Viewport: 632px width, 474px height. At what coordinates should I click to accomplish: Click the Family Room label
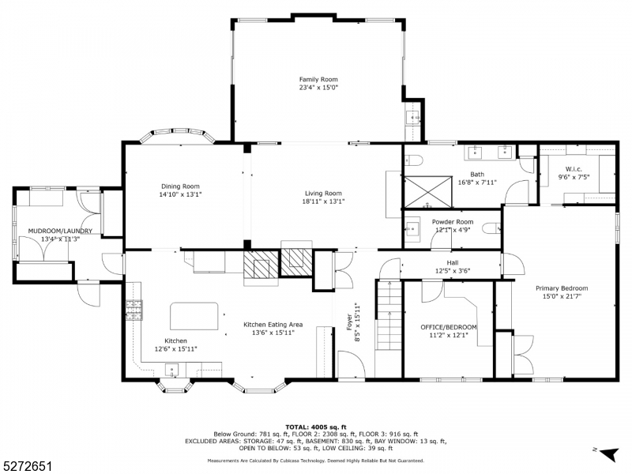coord(318,80)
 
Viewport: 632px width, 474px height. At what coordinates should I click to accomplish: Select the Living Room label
coord(323,193)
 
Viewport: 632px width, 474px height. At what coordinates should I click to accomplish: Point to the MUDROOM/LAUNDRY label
coord(60,231)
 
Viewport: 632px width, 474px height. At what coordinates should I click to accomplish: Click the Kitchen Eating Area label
coord(273,325)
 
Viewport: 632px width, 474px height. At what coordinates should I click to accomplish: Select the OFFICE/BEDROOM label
coord(448,326)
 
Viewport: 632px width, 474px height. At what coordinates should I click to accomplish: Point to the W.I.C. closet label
coord(574,170)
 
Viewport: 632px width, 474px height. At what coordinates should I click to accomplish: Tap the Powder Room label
coord(452,222)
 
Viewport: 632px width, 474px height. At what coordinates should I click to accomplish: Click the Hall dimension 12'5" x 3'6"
coord(452,271)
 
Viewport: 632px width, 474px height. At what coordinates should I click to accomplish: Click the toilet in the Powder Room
coord(490,228)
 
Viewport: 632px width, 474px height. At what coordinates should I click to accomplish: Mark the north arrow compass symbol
coord(606,453)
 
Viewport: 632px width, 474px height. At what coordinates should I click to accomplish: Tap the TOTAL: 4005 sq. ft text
coord(315,427)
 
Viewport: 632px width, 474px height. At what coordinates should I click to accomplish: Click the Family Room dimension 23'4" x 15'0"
coord(318,88)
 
